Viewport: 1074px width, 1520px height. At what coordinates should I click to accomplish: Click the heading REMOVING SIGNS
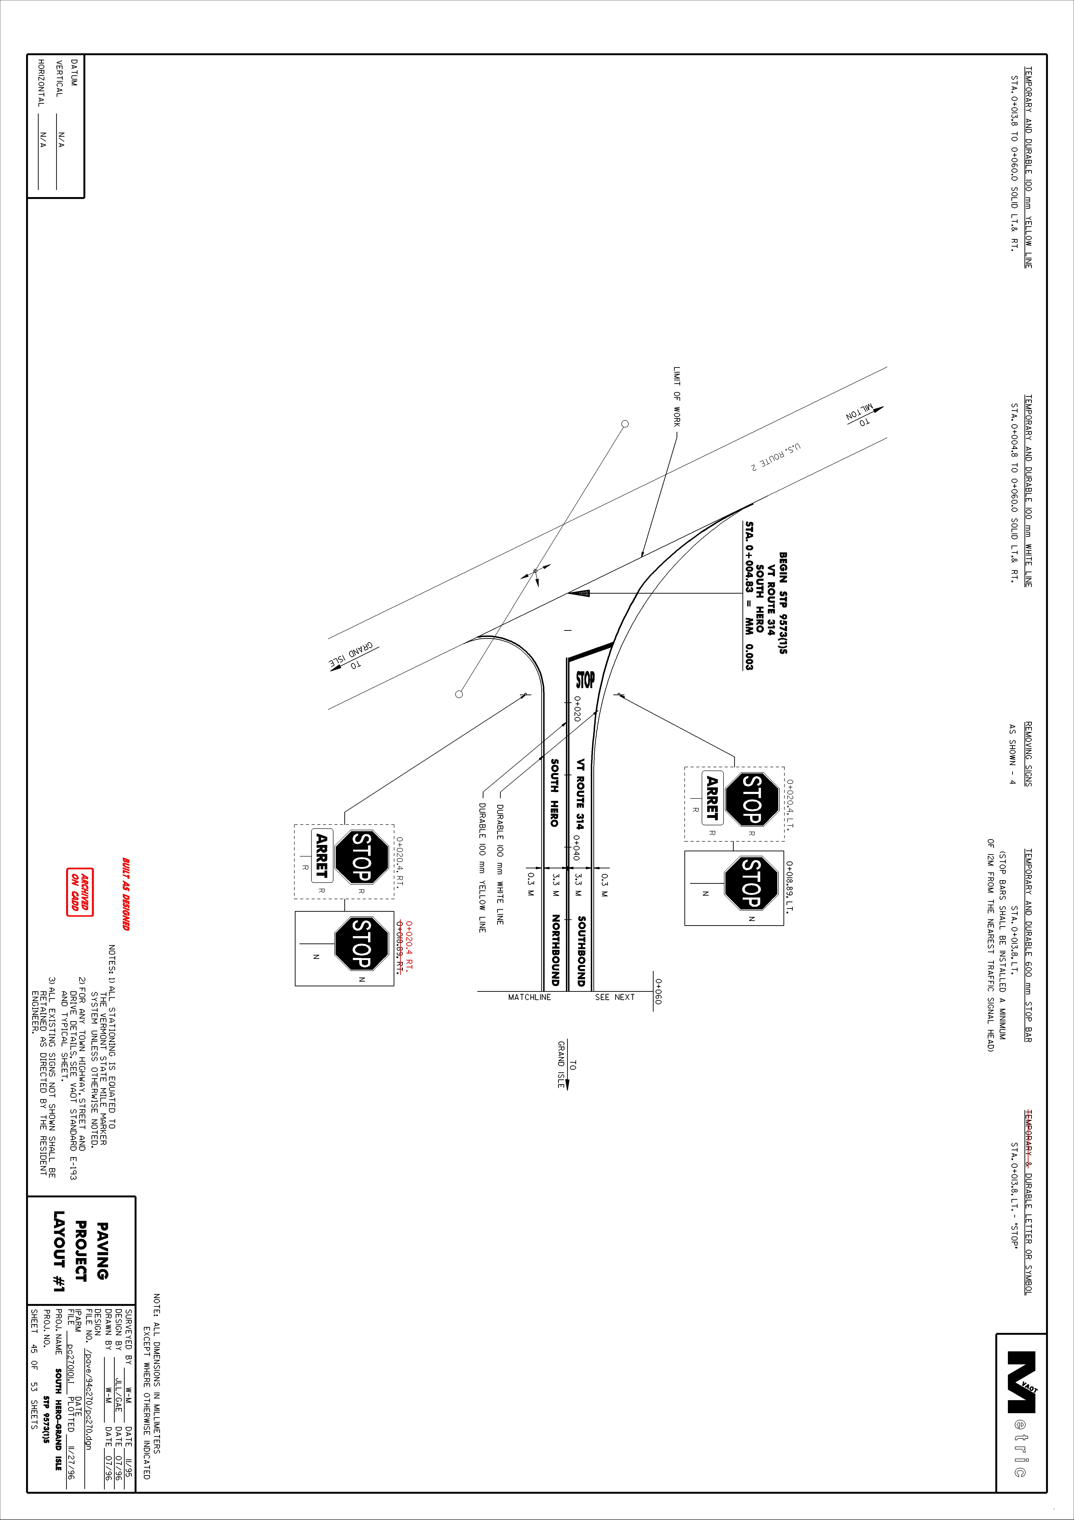[1028, 753]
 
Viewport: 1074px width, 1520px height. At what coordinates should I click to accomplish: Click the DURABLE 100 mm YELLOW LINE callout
[482, 867]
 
